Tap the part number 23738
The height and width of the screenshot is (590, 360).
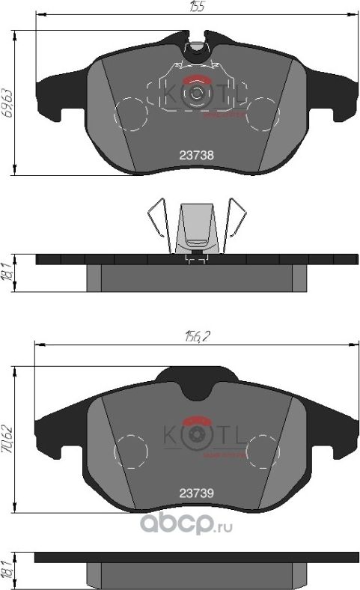tap(197, 156)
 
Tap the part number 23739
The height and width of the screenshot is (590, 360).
tap(197, 493)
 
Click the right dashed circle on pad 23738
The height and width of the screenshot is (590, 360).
tap(263, 114)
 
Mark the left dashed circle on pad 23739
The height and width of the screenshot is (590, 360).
tap(130, 451)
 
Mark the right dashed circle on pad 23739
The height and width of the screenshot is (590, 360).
tap(263, 451)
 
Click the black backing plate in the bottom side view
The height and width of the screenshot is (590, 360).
tap(197, 558)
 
